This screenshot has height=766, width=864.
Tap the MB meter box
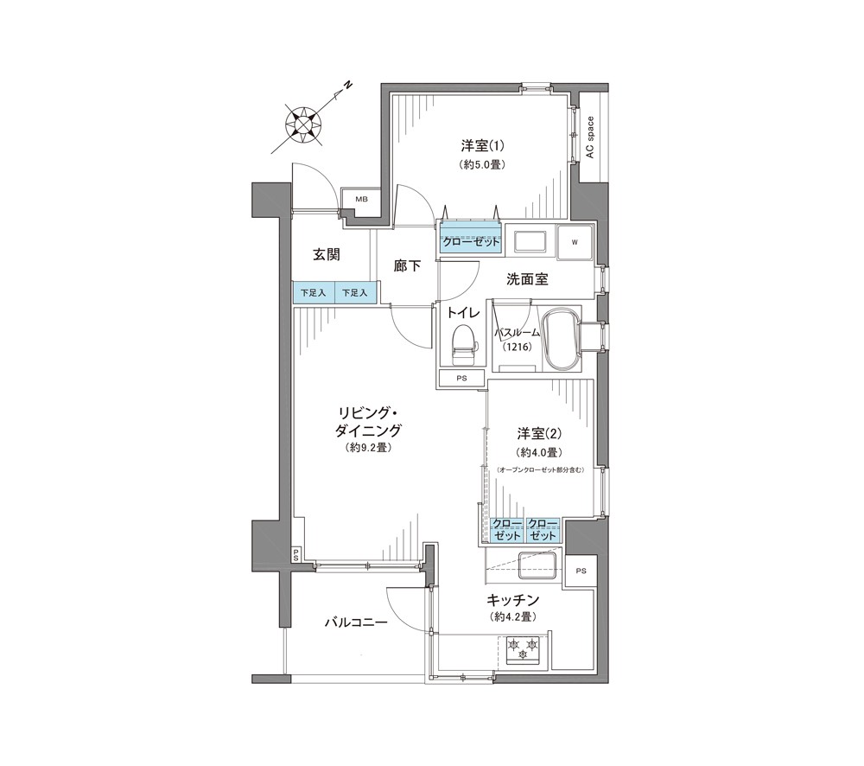[361, 199]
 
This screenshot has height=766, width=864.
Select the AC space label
[590, 137]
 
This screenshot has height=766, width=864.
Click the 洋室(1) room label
[483, 146]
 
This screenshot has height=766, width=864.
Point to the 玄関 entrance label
[327, 255]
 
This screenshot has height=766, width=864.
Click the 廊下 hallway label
[408, 265]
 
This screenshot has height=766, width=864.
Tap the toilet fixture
[463, 345]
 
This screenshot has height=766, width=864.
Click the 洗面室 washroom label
[527, 279]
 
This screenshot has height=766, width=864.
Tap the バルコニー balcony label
[356, 622]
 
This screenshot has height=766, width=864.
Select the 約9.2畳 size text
[369, 448]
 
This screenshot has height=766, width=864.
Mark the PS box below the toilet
[461, 379]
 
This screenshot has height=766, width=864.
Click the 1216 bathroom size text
[517, 347]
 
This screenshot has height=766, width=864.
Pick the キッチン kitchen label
[512, 599]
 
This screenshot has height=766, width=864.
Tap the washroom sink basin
[529, 241]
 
